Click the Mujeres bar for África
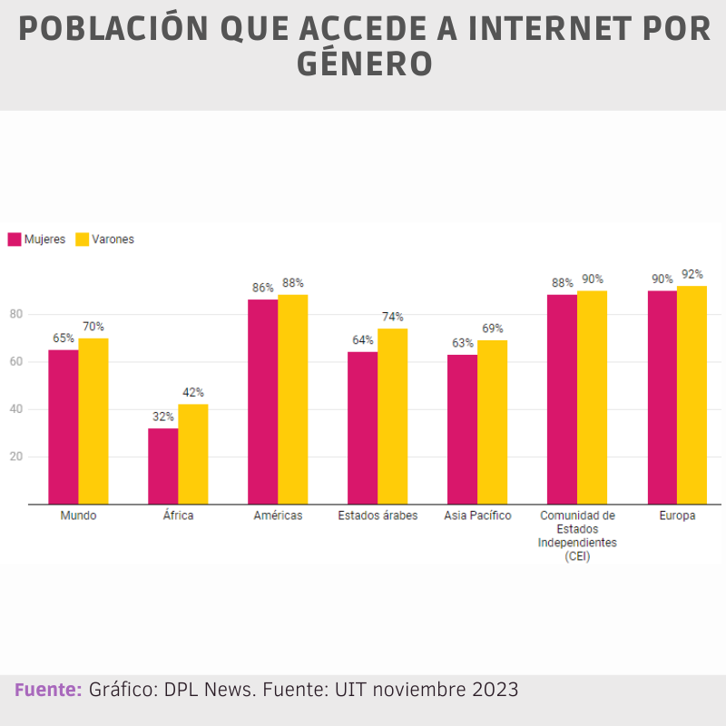[x=163, y=466]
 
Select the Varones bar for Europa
[x=692, y=395]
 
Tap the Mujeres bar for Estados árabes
[x=362, y=427]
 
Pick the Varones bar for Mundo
[x=93, y=421]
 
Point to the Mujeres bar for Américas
[x=263, y=401]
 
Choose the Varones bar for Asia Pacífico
[x=492, y=422]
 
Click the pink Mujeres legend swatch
[x=15, y=240]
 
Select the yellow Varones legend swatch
[x=82, y=240]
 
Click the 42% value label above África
[x=192, y=393]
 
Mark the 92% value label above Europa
[x=692, y=274]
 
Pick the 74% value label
[x=392, y=317]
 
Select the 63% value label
[x=463, y=343]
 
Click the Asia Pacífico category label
[x=477, y=515]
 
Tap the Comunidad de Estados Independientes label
[x=577, y=535]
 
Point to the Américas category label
[x=278, y=515]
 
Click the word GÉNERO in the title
[x=363, y=65]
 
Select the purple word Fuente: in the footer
[x=48, y=690]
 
